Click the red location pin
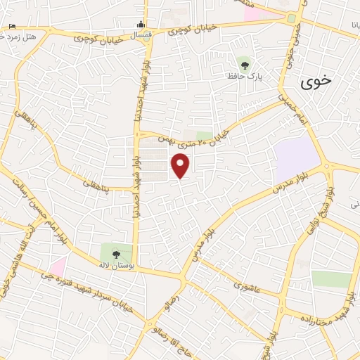coord(181,165)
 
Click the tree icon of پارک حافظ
coord(245,65)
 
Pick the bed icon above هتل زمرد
coord(12,27)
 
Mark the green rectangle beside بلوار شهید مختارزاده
coord(331,278)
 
